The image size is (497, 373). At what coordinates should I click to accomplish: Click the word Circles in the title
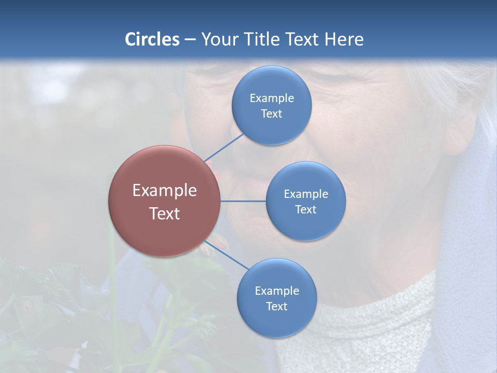152,39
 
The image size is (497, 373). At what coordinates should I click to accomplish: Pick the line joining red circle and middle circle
243,201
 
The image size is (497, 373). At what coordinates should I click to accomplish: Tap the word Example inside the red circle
165,190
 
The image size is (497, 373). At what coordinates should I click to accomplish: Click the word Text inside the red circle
165,213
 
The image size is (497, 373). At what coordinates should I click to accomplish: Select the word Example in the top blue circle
271,98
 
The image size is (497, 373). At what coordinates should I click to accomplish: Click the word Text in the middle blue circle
305,209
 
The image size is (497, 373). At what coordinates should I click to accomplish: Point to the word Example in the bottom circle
276,291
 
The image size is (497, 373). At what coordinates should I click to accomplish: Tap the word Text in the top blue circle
271,113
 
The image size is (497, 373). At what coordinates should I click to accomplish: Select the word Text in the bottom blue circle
276,306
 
